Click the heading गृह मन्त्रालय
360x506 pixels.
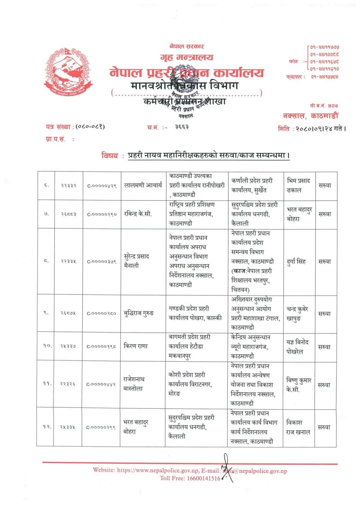(187, 57)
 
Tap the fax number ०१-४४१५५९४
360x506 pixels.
(325, 77)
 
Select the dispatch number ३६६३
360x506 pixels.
(182, 127)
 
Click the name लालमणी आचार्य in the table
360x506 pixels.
(143, 185)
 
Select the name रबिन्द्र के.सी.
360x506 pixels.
(138, 214)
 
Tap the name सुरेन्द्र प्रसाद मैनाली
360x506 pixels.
(136, 261)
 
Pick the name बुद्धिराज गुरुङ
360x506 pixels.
(139, 313)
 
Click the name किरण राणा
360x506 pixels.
(135, 346)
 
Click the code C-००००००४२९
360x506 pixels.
(102, 185)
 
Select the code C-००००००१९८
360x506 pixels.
(101, 347)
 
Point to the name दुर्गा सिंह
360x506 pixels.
(296, 261)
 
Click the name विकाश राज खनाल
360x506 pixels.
(298, 427)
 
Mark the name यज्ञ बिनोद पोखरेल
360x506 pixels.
(298, 347)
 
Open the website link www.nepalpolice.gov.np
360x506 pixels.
(158, 470)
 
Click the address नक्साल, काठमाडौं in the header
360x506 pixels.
(310, 116)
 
